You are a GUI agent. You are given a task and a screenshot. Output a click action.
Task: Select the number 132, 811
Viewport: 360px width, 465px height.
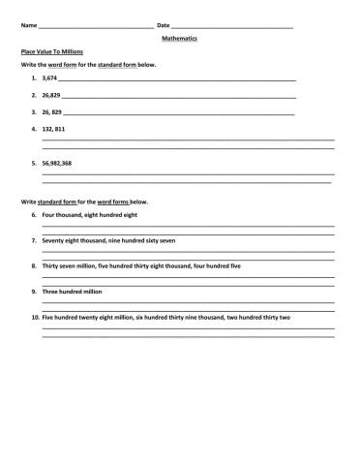pos(54,127)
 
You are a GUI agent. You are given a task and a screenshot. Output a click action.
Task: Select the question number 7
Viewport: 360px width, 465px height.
pos(34,239)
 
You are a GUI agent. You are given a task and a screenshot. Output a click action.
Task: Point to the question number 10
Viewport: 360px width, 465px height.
pos(35,317)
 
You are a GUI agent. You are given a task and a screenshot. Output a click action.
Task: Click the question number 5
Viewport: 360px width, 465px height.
pos(34,164)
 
